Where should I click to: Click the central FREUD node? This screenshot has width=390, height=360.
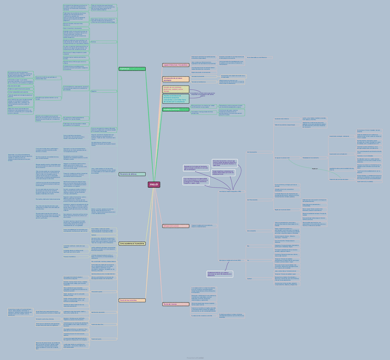154,185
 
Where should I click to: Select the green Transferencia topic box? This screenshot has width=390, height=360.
132,69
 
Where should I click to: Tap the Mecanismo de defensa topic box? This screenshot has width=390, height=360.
132,174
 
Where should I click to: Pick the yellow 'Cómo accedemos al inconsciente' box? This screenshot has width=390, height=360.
132,244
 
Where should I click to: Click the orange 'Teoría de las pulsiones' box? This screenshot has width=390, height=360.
132,300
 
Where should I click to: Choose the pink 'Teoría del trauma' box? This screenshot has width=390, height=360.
175,304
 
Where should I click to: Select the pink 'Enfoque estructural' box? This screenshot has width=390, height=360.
175,226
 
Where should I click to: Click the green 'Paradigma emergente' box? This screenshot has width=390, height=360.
175,110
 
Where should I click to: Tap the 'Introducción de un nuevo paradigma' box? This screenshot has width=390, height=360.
175,79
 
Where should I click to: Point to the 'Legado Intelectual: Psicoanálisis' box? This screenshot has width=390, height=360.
175,65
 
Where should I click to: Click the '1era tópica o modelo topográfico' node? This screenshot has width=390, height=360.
230,192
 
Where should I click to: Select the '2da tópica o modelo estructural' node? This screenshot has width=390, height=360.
230,261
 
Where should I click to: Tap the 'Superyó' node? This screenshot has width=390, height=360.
249,278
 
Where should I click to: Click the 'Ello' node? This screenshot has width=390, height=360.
248,246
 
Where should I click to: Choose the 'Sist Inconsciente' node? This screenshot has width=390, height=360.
252,152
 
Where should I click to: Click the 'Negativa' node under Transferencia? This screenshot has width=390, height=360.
94,91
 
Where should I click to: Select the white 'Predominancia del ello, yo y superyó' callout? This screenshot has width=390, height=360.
220,273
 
